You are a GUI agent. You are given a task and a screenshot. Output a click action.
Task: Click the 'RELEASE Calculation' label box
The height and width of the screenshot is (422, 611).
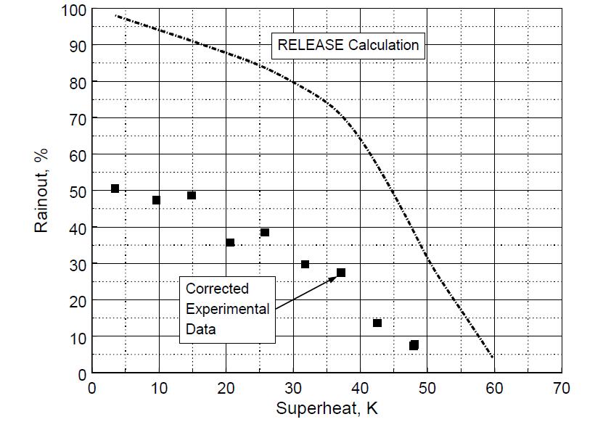click(348, 45)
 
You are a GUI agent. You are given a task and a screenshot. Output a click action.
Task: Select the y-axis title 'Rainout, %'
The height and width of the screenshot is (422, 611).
click(41, 192)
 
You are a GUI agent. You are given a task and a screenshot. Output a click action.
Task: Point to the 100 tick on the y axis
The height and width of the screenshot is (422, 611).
click(73, 10)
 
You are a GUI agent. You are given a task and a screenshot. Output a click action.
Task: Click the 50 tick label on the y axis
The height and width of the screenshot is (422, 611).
click(77, 191)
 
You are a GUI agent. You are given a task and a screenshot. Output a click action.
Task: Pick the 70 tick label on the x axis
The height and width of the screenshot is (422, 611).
click(561, 388)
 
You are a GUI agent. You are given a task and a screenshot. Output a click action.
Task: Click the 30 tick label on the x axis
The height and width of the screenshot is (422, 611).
click(293, 388)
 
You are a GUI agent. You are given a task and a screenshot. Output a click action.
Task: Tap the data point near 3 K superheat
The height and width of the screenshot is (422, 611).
click(115, 189)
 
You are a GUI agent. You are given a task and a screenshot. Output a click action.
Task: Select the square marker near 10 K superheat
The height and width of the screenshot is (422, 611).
click(156, 200)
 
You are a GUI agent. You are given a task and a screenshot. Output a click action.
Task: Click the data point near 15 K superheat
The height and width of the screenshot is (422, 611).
click(192, 195)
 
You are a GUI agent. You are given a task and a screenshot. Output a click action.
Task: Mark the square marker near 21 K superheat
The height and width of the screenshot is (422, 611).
click(230, 242)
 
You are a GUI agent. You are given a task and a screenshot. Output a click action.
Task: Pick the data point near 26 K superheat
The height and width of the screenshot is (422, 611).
click(265, 232)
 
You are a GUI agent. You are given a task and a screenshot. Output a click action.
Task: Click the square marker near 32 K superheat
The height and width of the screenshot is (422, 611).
click(305, 264)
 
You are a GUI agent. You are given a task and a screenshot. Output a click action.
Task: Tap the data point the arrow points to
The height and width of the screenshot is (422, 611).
click(341, 273)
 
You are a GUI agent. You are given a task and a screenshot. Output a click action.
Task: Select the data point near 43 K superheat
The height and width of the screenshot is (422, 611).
click(377, 323)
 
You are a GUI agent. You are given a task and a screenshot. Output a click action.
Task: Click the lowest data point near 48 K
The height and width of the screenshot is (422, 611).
click(414, 345)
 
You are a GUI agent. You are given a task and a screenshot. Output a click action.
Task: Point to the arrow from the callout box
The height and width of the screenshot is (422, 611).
click(305, 291)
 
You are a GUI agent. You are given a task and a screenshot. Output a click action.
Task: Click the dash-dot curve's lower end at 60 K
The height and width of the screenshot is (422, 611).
click(493, 357)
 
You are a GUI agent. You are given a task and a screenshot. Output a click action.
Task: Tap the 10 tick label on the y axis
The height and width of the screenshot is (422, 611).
click(77, 337)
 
